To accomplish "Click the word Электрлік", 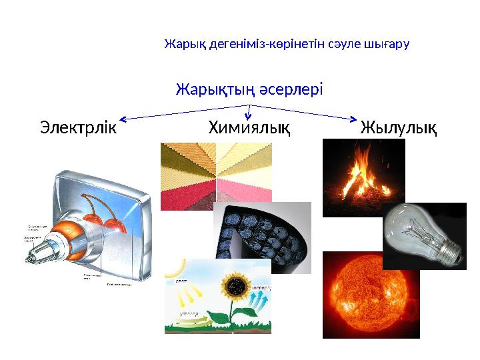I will click(x=78, y=127).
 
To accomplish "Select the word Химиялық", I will click(x=249, y=127).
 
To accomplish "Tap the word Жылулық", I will click(x=399, y=127).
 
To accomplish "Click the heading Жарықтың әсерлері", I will click(x=249, y=89).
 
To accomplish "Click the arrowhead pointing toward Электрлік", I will click(x=125, y=119).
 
